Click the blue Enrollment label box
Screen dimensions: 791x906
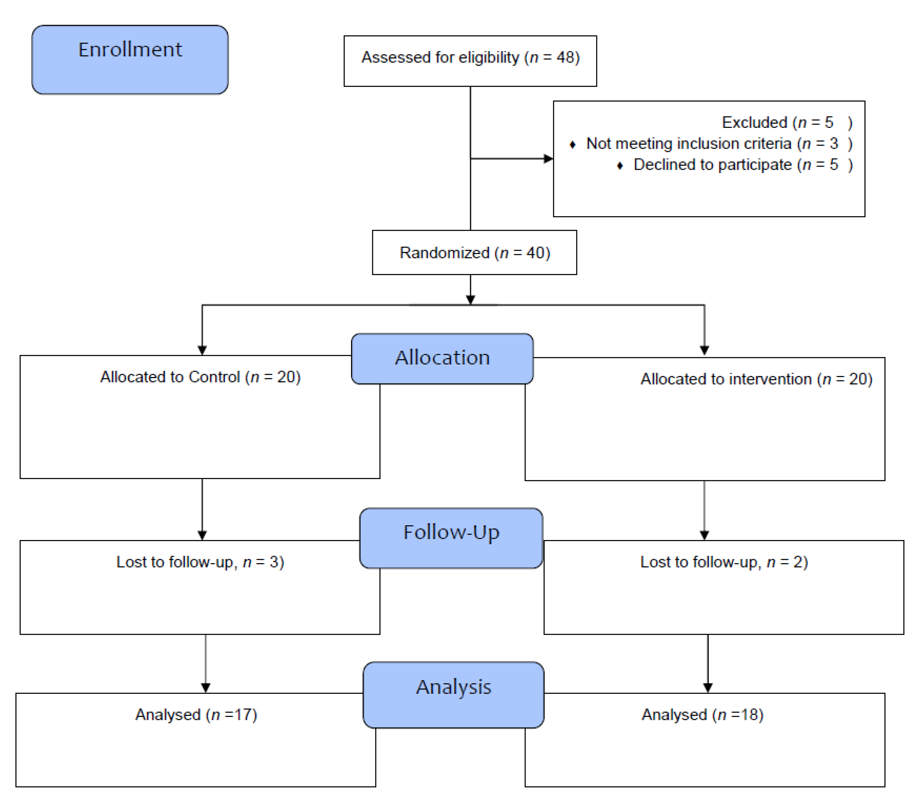[x=130, y=60]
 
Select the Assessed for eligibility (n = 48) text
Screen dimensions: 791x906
[x=470, y=57]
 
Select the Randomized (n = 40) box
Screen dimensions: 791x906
[x=474, y=252]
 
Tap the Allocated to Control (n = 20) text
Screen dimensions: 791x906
[x=200, y=377]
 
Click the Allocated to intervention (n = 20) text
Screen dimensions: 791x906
[x=756, y=379]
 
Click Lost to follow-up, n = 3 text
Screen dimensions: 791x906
[x=200, y=562]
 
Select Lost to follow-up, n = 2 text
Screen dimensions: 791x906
[x=724, y=562]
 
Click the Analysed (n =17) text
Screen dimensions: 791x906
[x=196, y=715]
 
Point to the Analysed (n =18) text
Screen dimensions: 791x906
[x=702, y=715]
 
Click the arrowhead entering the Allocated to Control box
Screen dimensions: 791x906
[x=202, y=350]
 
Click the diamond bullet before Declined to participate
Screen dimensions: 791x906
[x=620, y=166]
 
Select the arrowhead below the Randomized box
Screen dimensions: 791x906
[x=470, y=300]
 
